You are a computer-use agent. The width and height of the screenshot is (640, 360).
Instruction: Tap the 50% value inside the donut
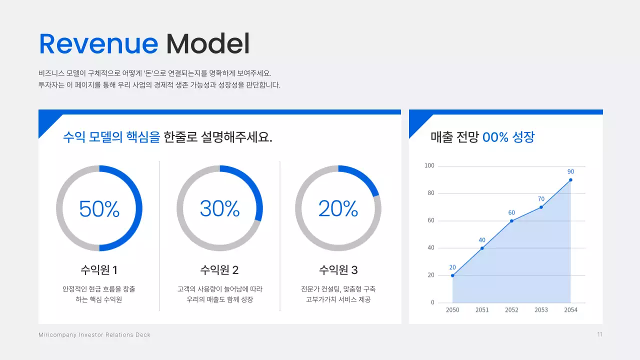coord(99,208)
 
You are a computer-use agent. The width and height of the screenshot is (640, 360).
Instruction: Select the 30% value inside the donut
coord(219,208)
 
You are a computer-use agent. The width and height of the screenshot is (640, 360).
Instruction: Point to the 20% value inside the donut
coord(338,208)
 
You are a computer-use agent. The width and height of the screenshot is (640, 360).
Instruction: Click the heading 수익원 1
coord(99,270)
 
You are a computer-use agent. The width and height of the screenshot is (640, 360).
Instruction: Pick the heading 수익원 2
coord(219,270)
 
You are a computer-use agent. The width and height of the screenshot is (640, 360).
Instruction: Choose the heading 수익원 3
coord(338,270)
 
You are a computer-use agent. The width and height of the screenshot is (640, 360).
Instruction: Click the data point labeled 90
coord(570,180)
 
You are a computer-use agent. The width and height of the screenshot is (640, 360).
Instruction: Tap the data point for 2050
coord(452,275)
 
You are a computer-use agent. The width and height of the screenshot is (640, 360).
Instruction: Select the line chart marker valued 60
coord(511,221)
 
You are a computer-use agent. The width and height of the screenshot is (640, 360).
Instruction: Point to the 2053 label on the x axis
coord(541,310)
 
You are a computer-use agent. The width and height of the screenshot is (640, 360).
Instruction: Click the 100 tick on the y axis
coord(429,165)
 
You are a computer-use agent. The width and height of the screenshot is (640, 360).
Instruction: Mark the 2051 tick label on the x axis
coord(482,310)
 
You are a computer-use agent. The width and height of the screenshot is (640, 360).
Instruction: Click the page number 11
coord(599,334)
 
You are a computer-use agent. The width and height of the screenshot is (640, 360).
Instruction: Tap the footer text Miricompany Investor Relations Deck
coord(94,335)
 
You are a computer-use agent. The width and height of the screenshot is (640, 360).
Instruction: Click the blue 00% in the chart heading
coord(495,137)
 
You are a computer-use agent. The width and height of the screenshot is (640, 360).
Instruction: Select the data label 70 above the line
coord(541,199)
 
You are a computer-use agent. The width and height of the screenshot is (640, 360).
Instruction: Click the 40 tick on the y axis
coord(431,248)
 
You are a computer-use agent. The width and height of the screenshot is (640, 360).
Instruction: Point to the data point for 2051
coord(482,248)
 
